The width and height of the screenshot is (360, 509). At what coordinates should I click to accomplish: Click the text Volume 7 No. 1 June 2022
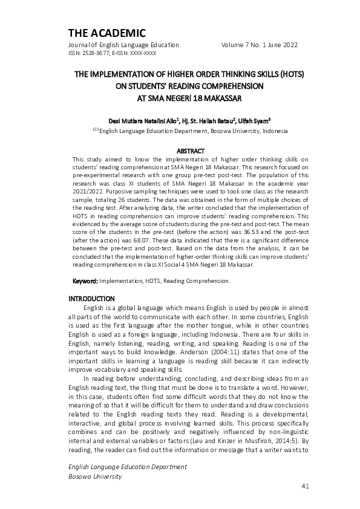(260, 45)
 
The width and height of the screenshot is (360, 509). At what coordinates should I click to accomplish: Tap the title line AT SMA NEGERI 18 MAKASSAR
(180, 97)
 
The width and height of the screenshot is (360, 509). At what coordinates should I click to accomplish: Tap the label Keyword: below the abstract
(85, 281)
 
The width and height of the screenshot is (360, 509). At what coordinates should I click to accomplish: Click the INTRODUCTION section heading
(91, 299)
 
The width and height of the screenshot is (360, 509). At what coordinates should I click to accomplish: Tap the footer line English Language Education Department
(127, 467)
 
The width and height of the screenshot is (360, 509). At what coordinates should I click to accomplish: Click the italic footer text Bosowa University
(95, 476)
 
